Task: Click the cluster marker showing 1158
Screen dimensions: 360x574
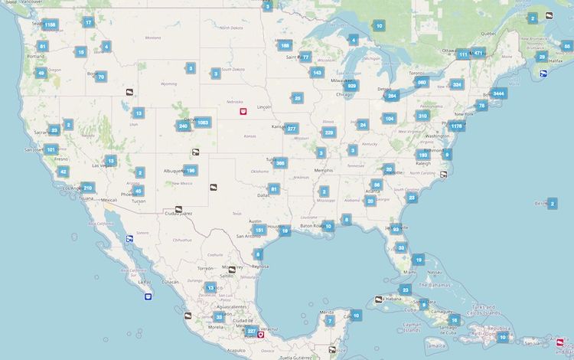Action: (x=50, y=25)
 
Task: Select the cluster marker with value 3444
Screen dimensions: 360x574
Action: (x=499, y=93)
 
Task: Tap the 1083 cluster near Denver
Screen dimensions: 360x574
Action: (x=202, y=122)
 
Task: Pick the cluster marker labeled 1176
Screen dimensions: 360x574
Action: (x=457, y=126)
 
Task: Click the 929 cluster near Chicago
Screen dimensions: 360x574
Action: (x=351, y=86)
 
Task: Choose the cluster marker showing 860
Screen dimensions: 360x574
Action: (x=422, y=82)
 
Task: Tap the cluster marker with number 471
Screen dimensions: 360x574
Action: (x=478, y=53)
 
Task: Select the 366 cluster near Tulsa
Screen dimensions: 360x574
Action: (x=281, y=162)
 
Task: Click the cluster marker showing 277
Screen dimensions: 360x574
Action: (x=292, y=129)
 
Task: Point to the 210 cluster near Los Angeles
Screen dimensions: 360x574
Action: (x=87, y=187)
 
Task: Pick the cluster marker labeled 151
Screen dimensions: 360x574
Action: (x=259, y=230)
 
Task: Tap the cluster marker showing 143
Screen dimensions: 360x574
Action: (x=317, y=72)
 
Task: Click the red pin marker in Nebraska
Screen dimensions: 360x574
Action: (x=243, y=112)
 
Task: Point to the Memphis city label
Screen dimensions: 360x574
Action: (x=323, y=170)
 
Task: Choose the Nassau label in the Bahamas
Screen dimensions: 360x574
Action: (x=435, y=272)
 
